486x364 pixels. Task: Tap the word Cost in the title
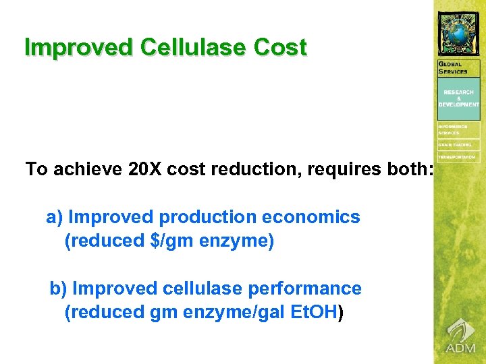coord(280,47)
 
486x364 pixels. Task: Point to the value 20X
coord(144,169)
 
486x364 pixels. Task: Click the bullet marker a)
coord(54,217)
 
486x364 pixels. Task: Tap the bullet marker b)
coord(58,289)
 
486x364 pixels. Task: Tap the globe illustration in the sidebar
coord(460,31)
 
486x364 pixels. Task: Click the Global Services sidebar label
coord(454,67)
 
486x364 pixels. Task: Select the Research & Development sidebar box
coord(459,98)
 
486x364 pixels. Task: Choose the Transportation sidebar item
coord(459,157)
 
